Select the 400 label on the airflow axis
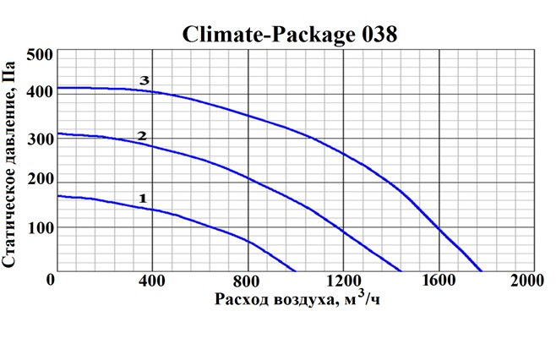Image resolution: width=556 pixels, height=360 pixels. (x=150, y=281)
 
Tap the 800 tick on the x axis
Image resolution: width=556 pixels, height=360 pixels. (x=248, y=281)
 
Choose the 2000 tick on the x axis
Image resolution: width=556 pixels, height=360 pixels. (x=521, y=281)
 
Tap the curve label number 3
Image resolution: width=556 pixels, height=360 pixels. (x=144, y=81)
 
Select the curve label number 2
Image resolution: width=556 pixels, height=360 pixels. (x=142, y=135)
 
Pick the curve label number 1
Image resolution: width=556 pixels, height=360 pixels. (x=143, y=198)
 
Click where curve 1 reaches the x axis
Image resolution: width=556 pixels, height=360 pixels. (x=297, y=271)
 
